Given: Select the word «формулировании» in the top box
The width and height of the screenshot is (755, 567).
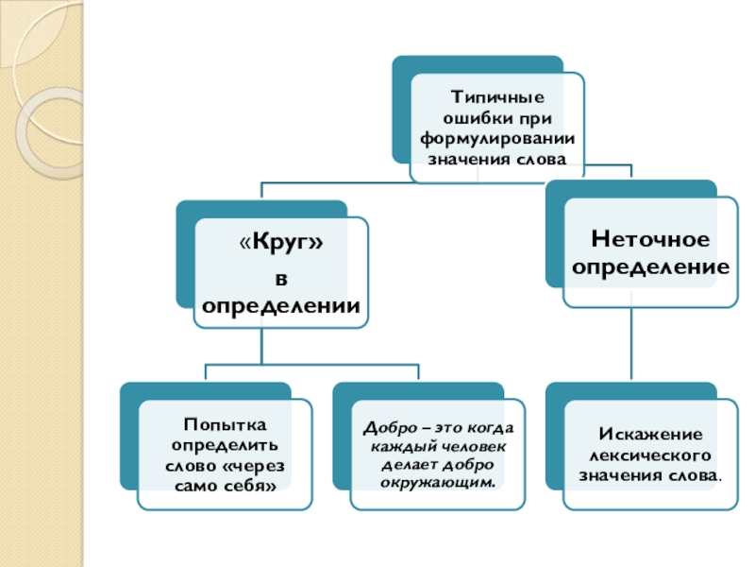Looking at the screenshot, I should [x=497, y=138].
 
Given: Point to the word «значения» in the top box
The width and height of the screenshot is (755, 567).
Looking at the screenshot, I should [x=465, y=159].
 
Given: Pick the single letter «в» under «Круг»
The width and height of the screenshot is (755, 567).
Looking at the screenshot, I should [x=280, y=276].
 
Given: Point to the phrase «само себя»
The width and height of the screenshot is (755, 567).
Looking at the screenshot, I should [x=225, y=484].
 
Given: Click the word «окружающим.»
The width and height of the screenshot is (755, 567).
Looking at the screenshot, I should [x=437, y=482].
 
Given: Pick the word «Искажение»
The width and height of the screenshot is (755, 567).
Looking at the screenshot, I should [x=650, y=433].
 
